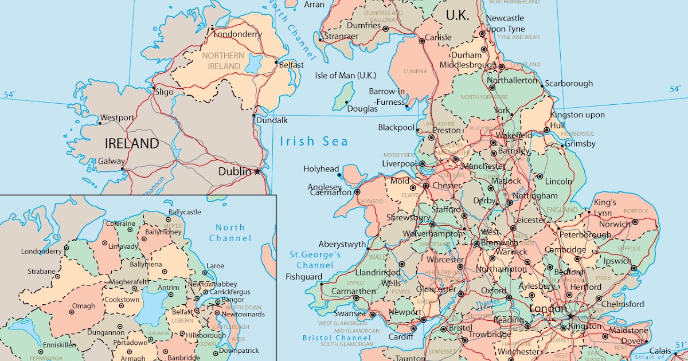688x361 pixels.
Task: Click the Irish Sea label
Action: [x=314, y=142]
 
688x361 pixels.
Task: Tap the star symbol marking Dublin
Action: [x=257, y=171]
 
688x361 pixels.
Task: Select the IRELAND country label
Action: [x=131, y=143]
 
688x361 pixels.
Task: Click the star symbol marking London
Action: [x=570, y=316]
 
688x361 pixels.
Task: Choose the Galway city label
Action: [x=111, y=162]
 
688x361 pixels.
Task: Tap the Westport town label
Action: [x=117, y=118]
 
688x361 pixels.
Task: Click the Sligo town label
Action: [x=164, y=91]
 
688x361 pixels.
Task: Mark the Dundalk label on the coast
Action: [x=272, y=120]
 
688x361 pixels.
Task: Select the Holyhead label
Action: [x=321, y=169]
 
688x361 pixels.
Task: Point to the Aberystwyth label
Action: [x=342, y=244]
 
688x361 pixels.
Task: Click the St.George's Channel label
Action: [x=315, y=260]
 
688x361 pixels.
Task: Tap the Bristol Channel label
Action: [x=337, y=338]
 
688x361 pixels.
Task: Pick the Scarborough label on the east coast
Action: [x=569, y=84]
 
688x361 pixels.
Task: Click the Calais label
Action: [x=660, y=351]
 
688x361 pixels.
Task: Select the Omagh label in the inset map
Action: [x=84, y=306]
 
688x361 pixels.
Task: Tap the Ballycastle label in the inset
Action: [x=184, y=212]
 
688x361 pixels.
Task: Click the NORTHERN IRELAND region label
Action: [x=223, y=61]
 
